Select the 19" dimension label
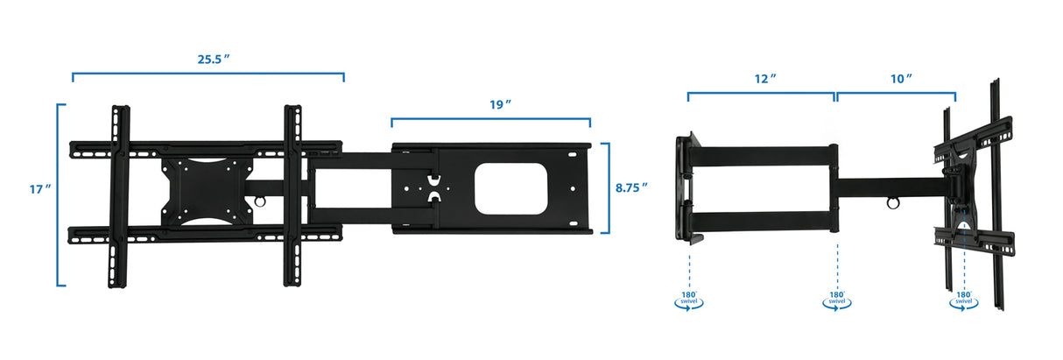pos(500,104)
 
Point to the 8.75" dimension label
pos(631,187)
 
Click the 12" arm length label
pos(765,78)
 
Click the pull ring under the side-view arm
pos(891,205)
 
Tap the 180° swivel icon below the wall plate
pos(689,299)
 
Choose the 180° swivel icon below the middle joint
pos(836,299)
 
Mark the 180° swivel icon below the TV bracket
pos(964,299)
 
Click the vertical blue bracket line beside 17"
pos(59,194)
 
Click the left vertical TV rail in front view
pos(119,196)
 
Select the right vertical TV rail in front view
pos(292,196)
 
